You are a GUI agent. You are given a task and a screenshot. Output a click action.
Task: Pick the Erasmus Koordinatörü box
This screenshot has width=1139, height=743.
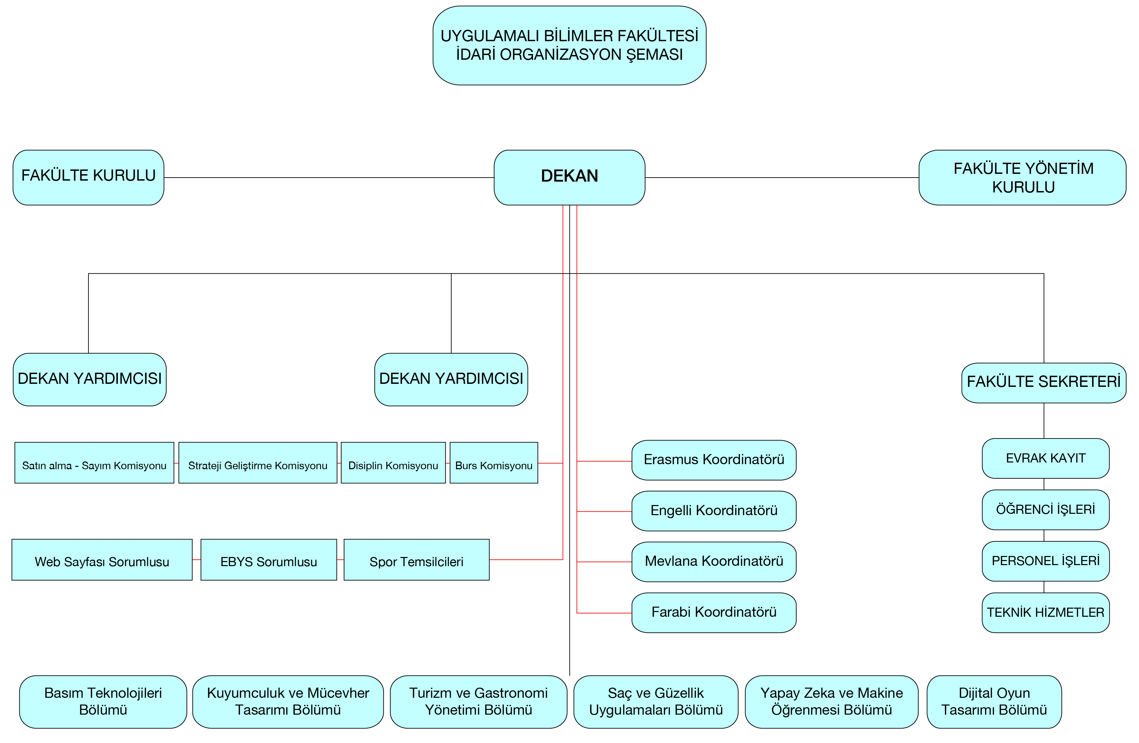click(x=714, y=460)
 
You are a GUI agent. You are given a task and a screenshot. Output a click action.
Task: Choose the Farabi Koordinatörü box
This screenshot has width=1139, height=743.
click(x=714, y=612)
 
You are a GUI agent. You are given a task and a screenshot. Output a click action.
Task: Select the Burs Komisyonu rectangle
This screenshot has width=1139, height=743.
click(x=494, y=462)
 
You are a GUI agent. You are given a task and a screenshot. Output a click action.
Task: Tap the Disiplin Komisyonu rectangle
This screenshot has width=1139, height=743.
click(x=393, y=462)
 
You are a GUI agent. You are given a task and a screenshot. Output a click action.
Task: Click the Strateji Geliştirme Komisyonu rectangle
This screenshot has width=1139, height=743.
click(x=258, y=462)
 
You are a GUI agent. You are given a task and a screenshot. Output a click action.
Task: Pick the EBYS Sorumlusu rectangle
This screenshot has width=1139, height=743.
click(x=268, y=560)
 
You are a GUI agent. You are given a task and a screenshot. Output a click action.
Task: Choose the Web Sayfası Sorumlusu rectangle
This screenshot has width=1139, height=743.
click(x=102, y=560)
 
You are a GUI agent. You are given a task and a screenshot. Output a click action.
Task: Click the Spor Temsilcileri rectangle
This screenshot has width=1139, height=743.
click(x=416, y=560)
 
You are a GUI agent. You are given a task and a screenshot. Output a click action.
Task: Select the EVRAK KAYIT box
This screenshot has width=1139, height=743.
click(x=1045, y=458)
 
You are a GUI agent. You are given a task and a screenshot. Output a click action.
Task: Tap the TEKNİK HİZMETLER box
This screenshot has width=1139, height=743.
click(x=1045, y=612)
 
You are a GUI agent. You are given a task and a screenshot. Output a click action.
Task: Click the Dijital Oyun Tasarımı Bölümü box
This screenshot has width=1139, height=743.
click(x=994, y=701)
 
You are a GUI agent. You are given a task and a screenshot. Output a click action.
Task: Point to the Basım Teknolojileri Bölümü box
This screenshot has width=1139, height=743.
click(x=103, y=701)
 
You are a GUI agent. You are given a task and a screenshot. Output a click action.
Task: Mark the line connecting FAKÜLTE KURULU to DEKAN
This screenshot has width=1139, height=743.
click(x=329, y=178)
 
